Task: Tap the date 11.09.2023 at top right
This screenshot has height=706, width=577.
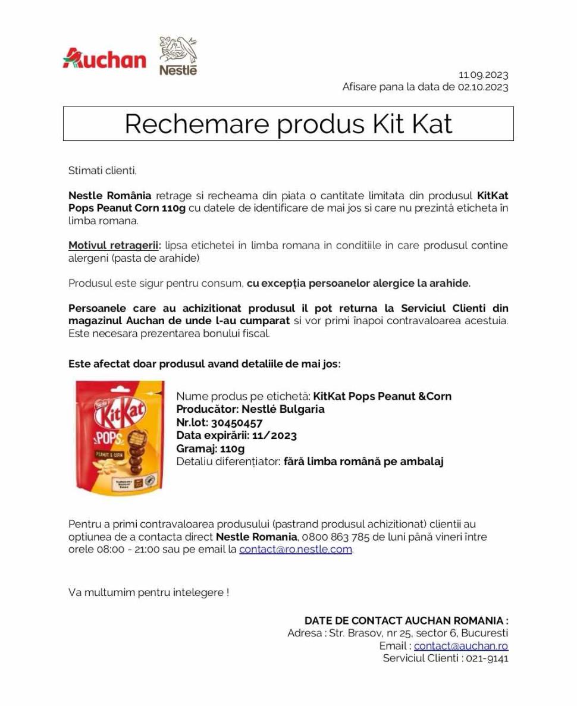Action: (x=483, y=75)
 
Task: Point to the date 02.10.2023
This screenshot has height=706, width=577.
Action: (x=482, y=87)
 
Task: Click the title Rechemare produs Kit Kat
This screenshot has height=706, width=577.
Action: (x=288, y=124)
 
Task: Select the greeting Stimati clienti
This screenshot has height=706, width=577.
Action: (x=103, y=171)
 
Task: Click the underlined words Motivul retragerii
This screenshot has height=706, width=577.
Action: (x=114, y=246)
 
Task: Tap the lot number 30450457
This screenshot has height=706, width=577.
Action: (x=237, y=422)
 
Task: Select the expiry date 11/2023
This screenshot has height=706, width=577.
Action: (x=274, y=435)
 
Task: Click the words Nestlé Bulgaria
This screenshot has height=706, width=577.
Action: (x=283, y=409)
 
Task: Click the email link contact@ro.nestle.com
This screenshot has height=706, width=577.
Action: (x=296, y=550)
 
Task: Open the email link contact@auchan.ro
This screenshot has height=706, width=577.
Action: (x=461, y=646)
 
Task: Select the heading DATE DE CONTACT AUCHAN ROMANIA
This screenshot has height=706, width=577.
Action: (x=406, y=621)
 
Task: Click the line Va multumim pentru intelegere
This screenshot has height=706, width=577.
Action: (x=149, y=592)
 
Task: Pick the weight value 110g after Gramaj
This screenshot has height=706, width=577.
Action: (x=232, y=448)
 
